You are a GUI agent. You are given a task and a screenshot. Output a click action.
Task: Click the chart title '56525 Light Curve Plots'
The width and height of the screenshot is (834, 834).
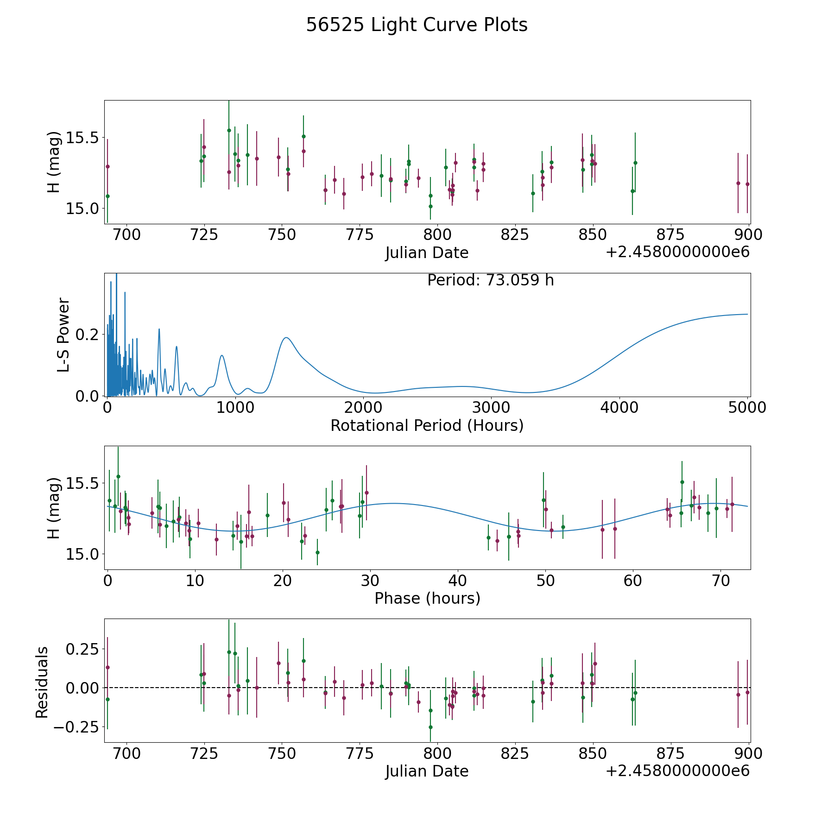[x=417, y=25]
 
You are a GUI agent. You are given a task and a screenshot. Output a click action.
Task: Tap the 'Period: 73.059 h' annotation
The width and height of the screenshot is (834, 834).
[x=490, y=280]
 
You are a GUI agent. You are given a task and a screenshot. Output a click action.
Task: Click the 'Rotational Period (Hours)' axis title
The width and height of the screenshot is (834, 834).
[x=427, y=425]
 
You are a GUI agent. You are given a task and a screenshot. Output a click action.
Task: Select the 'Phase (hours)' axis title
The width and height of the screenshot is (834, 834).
[x=427, y=598]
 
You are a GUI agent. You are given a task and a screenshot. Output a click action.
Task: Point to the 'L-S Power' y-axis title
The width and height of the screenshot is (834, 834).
[x=63, y=335]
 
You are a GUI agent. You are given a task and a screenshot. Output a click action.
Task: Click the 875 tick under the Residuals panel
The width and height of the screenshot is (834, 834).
[x=670, y=753]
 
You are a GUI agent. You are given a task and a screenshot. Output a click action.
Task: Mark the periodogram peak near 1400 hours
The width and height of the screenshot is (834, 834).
[x=286, y=337]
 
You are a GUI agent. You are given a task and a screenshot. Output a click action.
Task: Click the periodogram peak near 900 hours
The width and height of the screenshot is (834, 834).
[x=222, y=355]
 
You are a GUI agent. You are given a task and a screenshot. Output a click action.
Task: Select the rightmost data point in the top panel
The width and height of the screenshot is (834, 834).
[x=747, y=184]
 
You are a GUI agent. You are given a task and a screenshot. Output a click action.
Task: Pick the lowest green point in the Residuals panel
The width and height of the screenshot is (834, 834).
[x=430, y=727]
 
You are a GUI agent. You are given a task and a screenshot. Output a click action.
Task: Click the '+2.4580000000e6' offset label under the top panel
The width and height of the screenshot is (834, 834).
[x=677, y=252]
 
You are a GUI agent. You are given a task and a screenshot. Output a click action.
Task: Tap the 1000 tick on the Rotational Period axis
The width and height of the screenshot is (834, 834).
[x=235, y=408]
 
